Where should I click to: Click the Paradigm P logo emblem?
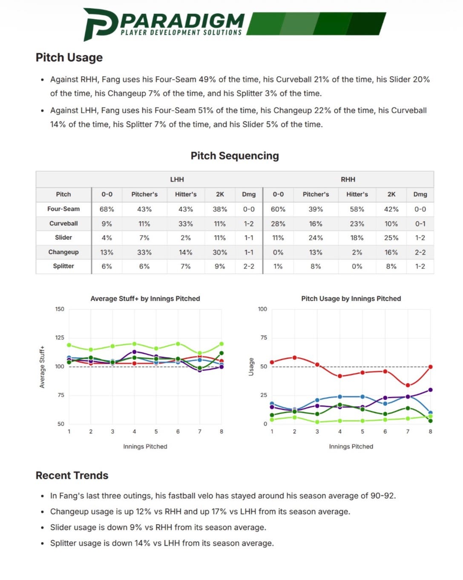(x=101, y=24)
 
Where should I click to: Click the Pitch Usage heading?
(x=69, y=58)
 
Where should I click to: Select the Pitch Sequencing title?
(x=235, y=156)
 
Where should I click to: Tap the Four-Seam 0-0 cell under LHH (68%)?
(x=107, y=209)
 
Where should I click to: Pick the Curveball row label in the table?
(x=63, y=223)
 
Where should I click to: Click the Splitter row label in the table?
(x=63, y=266)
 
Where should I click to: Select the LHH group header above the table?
(x=177, y=179)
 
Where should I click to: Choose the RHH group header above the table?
(x=348, y=179)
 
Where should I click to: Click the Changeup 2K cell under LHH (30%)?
(x=220, y=252)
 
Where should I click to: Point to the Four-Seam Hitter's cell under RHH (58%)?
(x=357, y=209)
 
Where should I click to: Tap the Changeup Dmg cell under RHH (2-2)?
(x=420, y=252)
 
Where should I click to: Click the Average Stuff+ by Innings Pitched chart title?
(x=145, y=299)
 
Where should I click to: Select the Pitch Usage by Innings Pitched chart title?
(x=351, y=299)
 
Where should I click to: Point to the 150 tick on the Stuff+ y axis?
(x=60, y=309)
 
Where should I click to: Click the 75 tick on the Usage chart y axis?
(x=264, y=338)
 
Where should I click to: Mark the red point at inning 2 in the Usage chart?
(x=294, y=358)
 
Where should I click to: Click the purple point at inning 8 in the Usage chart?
(x=430, y=390)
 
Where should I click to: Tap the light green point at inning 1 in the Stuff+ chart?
(x=69, y=345)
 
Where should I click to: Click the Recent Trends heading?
(x=72, y=476)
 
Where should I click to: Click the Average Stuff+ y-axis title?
(x=42, y=367)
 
